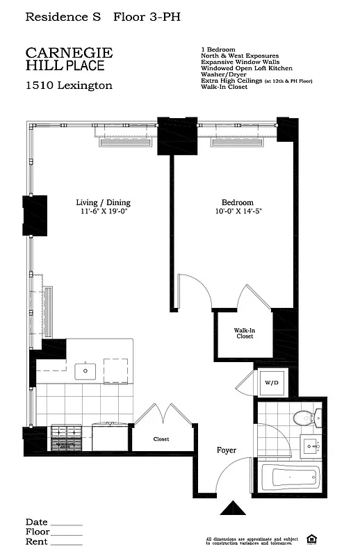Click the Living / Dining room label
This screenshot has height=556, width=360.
[x=103, y=203]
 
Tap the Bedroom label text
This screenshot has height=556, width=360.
[x=230, y=203]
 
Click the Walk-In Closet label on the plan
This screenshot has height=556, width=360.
[x=244, y=334]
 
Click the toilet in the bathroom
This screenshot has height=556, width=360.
[x=304, y=418]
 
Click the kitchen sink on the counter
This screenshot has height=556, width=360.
[x=86, y=370]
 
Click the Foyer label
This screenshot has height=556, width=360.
[x=227, y=450]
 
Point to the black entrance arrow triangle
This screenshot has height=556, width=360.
[x=233, y=509]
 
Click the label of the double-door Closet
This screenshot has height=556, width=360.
[x=161, y=439]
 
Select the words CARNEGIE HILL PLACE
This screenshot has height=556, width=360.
[x=69, y=59]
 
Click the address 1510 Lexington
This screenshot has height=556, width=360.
[x=69, y=86]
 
